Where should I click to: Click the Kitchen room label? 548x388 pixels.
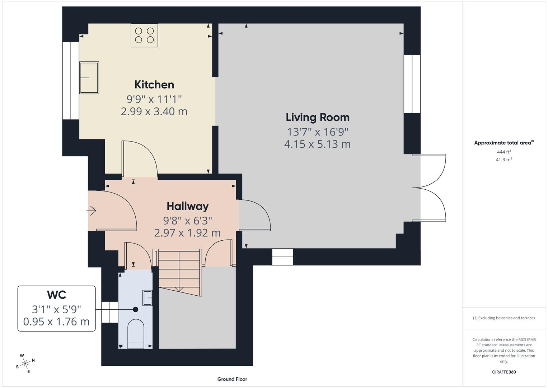click(x=154, y=84)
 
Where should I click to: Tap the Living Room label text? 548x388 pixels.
click(x=317, y=117)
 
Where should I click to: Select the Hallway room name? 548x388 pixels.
click(x=187, y=206)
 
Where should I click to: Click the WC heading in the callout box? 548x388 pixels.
click(x=56, y=295)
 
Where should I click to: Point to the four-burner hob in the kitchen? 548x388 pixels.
click(x=144, y=35)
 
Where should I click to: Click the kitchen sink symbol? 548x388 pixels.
click(x=89, y=78)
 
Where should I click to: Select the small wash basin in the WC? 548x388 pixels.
click(x=147, y=298)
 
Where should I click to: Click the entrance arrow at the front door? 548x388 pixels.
click(x=92, y=211)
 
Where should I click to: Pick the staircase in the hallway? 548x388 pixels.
click(x=179, y=271)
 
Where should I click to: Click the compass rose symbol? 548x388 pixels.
click(x=25, y=364)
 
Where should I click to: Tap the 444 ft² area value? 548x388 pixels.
click(x=503, y=152)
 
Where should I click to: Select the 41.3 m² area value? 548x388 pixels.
click(x=503, y=160)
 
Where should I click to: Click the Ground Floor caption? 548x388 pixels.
click(x=232, y=379)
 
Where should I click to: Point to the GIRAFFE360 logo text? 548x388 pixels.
click(x=503, y=372)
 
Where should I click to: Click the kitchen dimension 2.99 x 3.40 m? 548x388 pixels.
click(x=154, y=111)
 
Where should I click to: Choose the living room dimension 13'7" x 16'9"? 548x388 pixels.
click(x=317, y=132)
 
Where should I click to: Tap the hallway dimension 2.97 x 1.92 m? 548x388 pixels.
click(x=187, y=233)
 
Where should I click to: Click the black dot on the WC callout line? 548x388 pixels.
click(x=135, y=309)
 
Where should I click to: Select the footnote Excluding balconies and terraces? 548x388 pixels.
click(x=503, y=318)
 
